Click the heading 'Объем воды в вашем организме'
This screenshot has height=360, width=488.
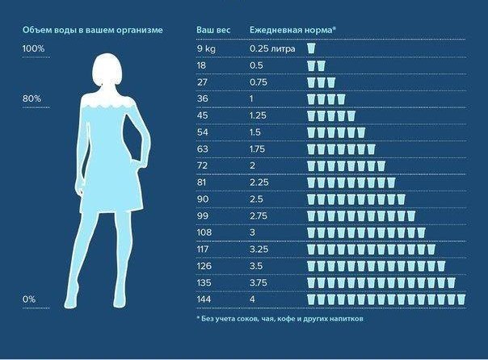pos(93,30)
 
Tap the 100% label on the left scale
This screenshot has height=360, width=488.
pos(33,49)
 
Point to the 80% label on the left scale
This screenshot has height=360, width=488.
pos(32,98)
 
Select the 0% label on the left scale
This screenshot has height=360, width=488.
pos(30,299)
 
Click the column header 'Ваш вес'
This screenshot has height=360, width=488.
pos(213,30)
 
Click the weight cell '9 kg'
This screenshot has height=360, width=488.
pos(207,49)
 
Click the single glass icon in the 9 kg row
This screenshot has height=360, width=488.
pos(311,49)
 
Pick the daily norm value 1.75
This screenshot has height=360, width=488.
pos(258,149)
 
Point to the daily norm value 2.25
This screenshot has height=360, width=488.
pos(258,182)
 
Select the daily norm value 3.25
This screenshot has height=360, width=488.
pos(258,249)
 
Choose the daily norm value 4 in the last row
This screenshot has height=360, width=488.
pos(252,299)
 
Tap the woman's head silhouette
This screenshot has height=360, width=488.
pos(111,70)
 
